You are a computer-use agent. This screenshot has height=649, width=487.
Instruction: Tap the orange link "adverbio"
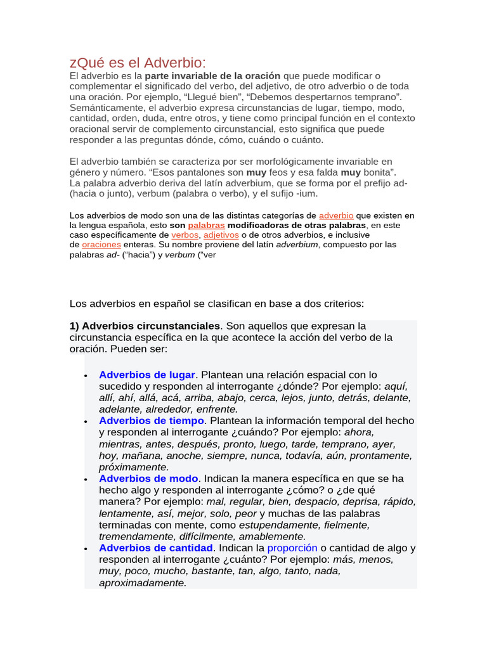pyautogui.click(x=336, y=215)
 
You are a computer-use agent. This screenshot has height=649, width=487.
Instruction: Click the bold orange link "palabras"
pyautogui.click(x=206, y=225)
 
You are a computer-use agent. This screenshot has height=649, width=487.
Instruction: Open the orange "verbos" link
pyautogui.click(x=185, y=235)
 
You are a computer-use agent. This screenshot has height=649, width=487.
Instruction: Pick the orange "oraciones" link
pyautogui.click(x=101, y=244)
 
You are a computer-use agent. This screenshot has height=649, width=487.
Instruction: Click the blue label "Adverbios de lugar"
pyautogui.click(x=146, y=375)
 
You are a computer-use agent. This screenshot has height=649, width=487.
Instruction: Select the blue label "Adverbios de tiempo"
pyautogui.click(x=151, y=421)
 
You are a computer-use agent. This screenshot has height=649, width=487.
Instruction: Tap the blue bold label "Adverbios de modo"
pyautogui.click(x=148, y=479)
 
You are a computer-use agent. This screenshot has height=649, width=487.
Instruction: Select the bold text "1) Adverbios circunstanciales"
pyautogui.click(x=145, y=326)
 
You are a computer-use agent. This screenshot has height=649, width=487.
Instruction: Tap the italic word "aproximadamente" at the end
pyautogui.click(x=142, y=582)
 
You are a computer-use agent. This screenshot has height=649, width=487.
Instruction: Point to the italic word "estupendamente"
pyautogui.click(x=278, y=525)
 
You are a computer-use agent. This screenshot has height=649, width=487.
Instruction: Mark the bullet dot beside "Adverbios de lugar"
pyautogui.click(x=86, y=376)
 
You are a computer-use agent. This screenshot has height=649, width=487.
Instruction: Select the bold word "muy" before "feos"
pyautogui.click(x=256, y=172)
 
